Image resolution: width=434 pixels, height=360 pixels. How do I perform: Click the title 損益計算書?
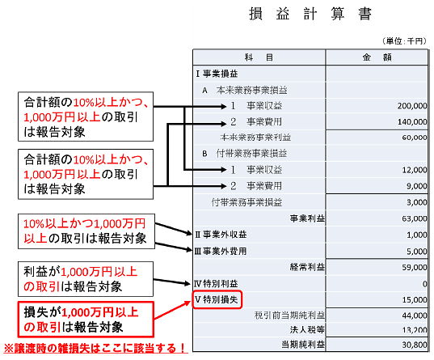310,14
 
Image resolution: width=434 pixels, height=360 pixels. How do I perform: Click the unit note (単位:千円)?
404,41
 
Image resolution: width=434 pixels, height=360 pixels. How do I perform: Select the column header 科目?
259,57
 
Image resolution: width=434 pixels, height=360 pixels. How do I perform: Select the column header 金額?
377,57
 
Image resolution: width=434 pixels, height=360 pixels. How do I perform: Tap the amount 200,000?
412,106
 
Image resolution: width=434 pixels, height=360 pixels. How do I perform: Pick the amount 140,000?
412,122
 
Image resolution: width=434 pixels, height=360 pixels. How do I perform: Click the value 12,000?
415,170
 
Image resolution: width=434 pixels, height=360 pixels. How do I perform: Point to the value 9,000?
416,186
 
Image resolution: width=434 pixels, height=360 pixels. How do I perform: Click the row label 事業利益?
307,218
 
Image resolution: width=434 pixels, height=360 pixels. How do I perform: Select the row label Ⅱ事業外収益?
221,235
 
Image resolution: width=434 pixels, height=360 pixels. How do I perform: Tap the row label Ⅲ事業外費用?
221,251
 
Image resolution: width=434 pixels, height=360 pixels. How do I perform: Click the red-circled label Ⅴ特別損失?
217,299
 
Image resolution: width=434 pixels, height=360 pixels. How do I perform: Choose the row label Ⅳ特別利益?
216,283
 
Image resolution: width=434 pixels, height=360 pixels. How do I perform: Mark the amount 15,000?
415,300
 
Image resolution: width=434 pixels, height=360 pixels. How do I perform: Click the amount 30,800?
415,345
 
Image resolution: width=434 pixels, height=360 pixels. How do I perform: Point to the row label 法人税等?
307,330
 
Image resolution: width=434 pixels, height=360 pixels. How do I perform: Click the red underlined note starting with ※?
95,348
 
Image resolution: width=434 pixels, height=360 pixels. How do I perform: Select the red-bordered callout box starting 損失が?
86,320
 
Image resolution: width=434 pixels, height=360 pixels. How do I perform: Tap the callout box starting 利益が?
86,279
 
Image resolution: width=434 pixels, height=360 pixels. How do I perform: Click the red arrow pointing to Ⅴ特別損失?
172,310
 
